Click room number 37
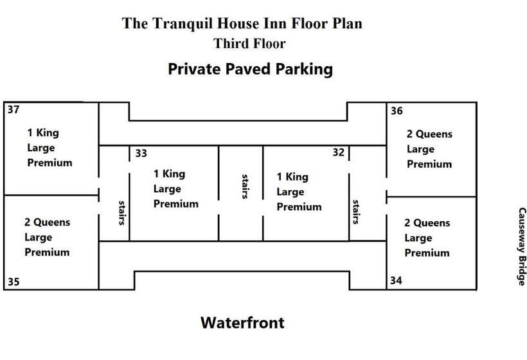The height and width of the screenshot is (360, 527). pyautogui.click(x=13, y=109)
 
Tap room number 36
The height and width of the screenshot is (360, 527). pyautogui.click(x=397, y=111)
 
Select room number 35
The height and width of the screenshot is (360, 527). pyautogui.click(x=13, y=281)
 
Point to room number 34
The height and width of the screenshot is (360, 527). pyautogui.click(x=397, y=281)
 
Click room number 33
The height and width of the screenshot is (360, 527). pyautogui.click(x=141, y=153)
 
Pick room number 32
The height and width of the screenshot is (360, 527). pyautogui.click(x=339, y=153)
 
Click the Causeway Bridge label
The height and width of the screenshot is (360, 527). pyautogui.click(x=522, y=246)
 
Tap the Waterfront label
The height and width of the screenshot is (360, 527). pyautogui.click(x=242, y=322)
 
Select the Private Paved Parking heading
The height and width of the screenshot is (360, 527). pyautogui.click(x=250, y=69)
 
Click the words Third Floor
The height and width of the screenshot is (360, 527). pyautogui.click(x=249, y=44)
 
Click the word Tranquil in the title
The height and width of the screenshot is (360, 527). pyautogui.click(x=182, y=24)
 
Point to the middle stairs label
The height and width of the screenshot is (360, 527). pyautogui.click(x=245, y=186)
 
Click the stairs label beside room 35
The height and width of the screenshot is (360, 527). pyautogui.click(x=121, y=212)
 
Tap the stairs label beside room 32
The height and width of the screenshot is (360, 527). pyautogui.click(x=355, y=211)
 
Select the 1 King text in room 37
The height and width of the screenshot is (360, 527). pyautogui.click(x=42, y=133)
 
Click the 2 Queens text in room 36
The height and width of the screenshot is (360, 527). pyautogui.click(x=429, y=134)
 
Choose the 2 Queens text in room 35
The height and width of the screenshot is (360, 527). pyautogui.click(x=47, y=222)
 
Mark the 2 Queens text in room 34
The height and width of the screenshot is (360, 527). pyautogui.click(x=427, y=223)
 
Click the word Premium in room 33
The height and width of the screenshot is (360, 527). pyautogui.click(x=175, y=204)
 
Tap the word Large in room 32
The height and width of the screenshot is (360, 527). pyautogui.click(x=290, y=192)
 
